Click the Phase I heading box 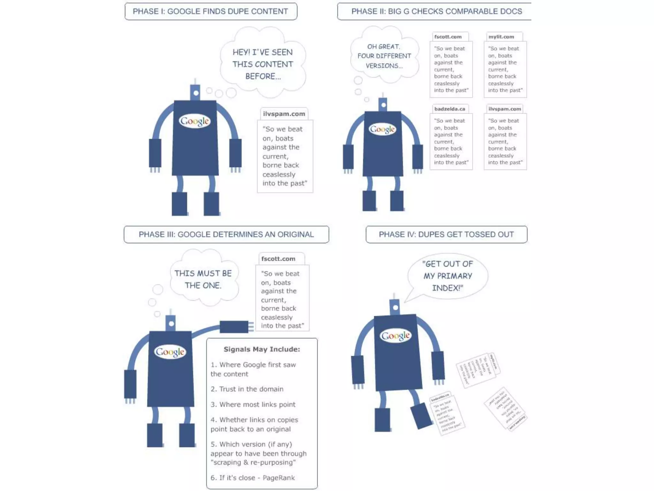click(x=211, y=12)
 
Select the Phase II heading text click(x=437, y=12)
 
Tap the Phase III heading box click(x=226, y=234)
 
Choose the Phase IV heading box click(x=446, y=234)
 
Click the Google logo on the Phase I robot click(x=194, y=121)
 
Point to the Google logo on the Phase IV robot click(x=395, y=336)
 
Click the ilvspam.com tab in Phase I click(x=284, y=114)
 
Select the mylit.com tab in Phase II click(x=501, y=37)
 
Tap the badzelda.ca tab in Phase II click(x=450, y=109)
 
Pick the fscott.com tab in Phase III click(x=278, y=259)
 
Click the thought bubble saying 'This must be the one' click(x=203, y=279)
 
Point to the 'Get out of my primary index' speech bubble click(x=447, y=276)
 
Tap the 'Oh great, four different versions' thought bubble click(x=384, y=56)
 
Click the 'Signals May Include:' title click(x=262, y=349)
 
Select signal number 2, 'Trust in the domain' click(x=247, y=389)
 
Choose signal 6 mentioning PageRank click(x=253, y=478)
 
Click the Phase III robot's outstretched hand click(x=235, y=327)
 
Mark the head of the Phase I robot click(x=195, y=92)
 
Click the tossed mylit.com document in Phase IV click(x=478, y=370)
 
